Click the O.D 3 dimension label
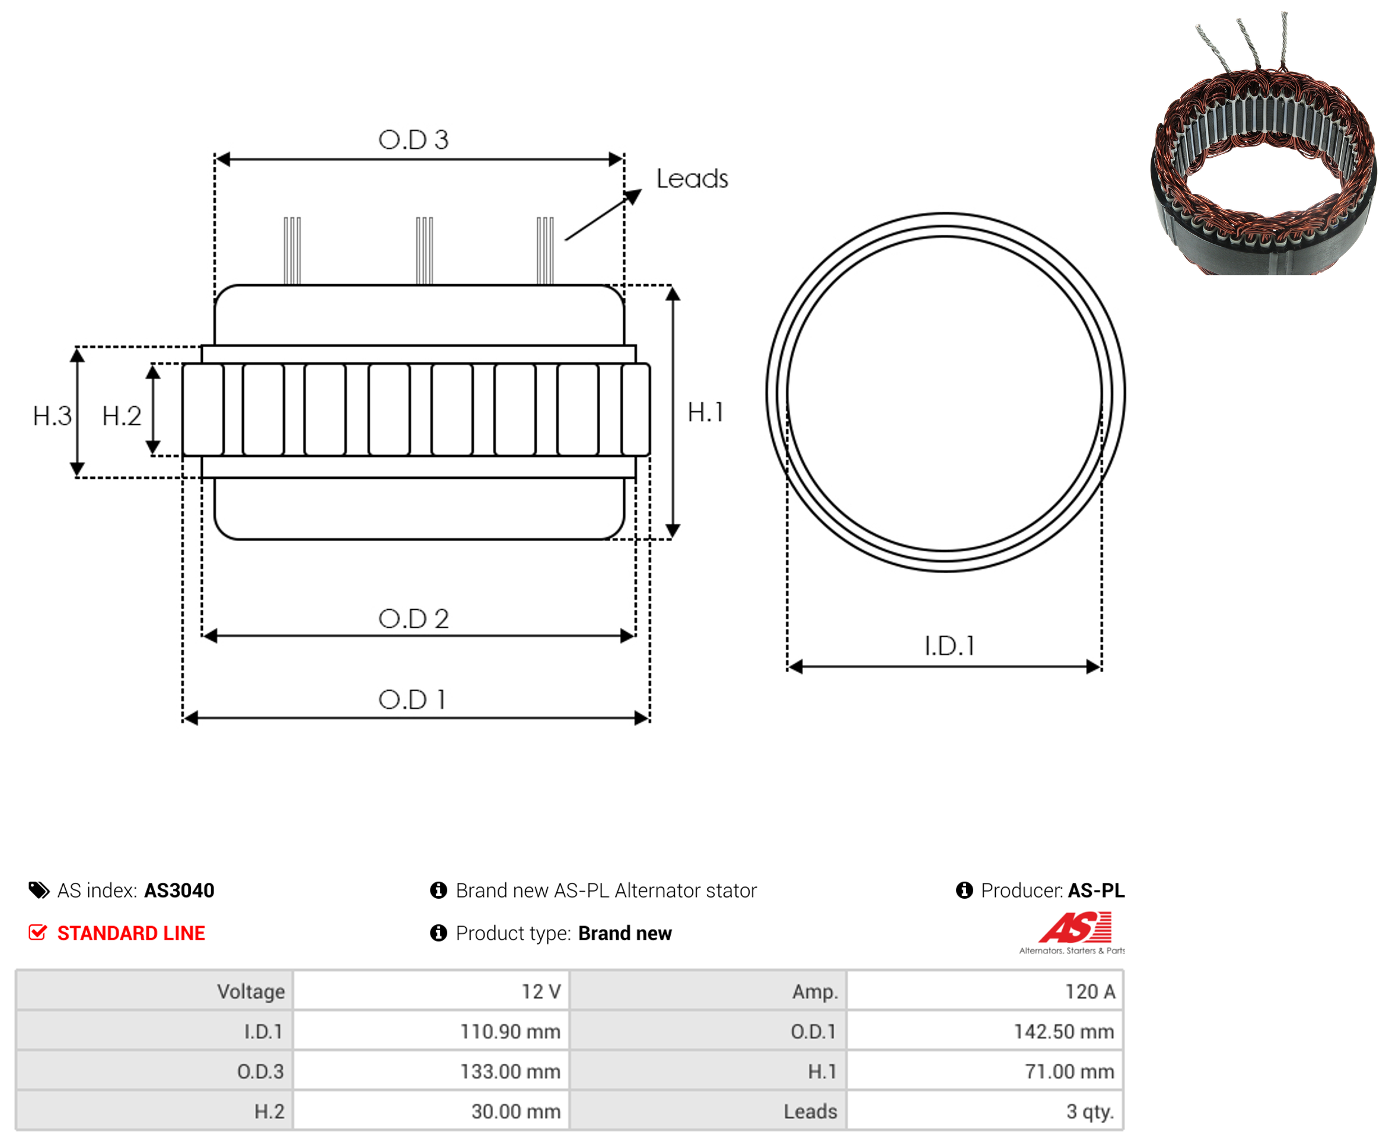click(x=413, y=140)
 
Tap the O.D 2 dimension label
click(x=413, y=619)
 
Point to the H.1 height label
click(x=705, y=412)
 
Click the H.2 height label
click(x=122, y=416)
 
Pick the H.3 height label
click(x=52, y=416)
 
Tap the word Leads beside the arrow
click(x=692, y=179)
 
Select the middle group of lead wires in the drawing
click(x=425, y=250)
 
